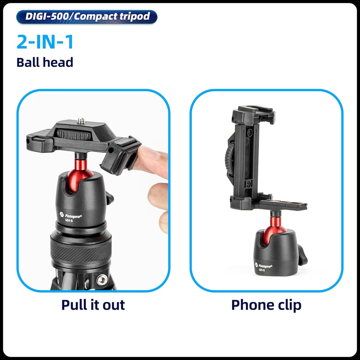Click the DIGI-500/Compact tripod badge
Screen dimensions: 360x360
[87, 17]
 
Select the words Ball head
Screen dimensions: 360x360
[45, 62]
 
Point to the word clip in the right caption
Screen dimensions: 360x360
[287, 305]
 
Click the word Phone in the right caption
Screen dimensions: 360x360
[250, 305]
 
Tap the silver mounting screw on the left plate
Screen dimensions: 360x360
[80, 121]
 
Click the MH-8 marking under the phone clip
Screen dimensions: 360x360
[262, 270]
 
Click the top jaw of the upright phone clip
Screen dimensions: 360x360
[253, 112]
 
